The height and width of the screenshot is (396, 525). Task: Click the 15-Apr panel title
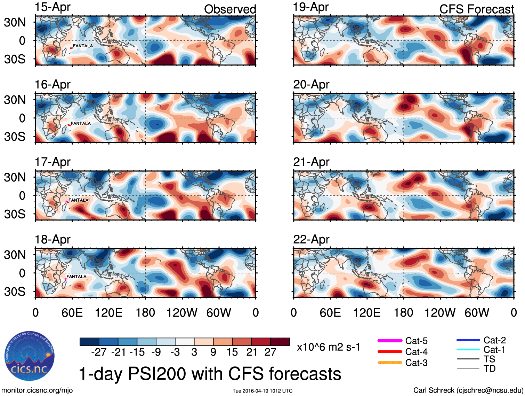point(52,7)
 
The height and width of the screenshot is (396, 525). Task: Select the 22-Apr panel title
point(311,240)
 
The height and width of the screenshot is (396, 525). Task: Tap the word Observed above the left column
point(230,9)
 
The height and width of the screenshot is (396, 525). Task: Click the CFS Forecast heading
point(476,9)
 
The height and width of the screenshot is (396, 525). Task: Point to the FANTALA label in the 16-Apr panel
point(81,123)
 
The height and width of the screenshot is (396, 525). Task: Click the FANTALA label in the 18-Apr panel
point(76,277)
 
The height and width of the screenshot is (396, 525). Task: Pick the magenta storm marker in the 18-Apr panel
point(66,279)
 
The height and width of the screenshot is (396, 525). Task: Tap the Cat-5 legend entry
point(416,341)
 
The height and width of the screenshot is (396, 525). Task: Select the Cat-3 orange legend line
point(390,363)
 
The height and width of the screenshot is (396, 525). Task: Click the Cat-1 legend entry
point(494,350)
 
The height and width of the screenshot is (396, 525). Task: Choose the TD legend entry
point(490,368)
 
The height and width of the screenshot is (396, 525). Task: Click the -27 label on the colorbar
point(99,352)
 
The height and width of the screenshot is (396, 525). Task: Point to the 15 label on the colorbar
point(232,352)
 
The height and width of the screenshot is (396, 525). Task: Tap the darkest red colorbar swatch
point(280,342)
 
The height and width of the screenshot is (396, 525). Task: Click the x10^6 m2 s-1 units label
point(328,347)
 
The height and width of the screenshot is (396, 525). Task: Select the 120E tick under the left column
point(108,313)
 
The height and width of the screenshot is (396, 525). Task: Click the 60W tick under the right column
point(477,313)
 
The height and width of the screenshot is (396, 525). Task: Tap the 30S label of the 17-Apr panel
point(15,214)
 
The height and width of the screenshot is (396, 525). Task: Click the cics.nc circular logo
point(30,356)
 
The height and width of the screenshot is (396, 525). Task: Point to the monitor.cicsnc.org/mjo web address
point(37,390)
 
